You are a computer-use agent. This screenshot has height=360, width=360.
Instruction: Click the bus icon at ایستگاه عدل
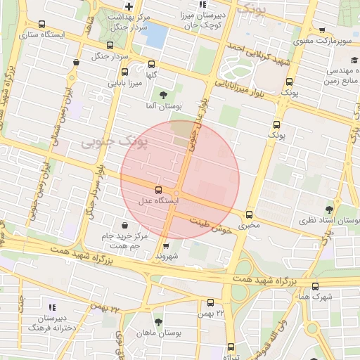[x=157, y=189]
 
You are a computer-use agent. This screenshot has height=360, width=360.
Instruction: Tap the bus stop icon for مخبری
[x=249, y=214]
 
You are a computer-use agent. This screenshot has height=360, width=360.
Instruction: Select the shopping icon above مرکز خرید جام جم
[x=125, y=225]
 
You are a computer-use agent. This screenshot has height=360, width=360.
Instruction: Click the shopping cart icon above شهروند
[x=166, y=246]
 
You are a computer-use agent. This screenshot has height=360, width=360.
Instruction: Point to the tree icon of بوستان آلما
[x=163, y=95]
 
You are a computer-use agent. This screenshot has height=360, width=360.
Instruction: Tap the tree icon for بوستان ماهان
[x=157, y=321]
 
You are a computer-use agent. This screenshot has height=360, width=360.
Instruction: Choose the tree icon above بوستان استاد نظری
[x=329, y=210]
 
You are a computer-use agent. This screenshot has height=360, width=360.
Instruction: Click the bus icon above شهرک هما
[x=314, y=286]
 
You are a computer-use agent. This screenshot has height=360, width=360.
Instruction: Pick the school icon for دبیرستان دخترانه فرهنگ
[x=51, y=307]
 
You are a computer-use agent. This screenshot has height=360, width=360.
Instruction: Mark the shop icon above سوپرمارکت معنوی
[x=322, y=30]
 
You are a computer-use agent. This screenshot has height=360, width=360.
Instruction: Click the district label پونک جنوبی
[x=105, y=141]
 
